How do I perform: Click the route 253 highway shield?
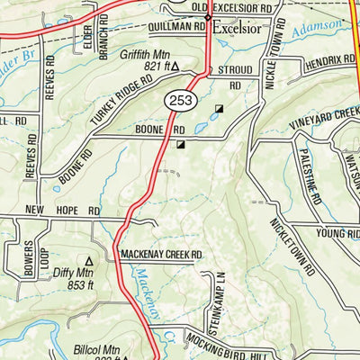point(176,102)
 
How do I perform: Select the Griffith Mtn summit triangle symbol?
point(175,66)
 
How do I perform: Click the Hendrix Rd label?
point(328,61)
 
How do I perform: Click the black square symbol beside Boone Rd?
point(182,143)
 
